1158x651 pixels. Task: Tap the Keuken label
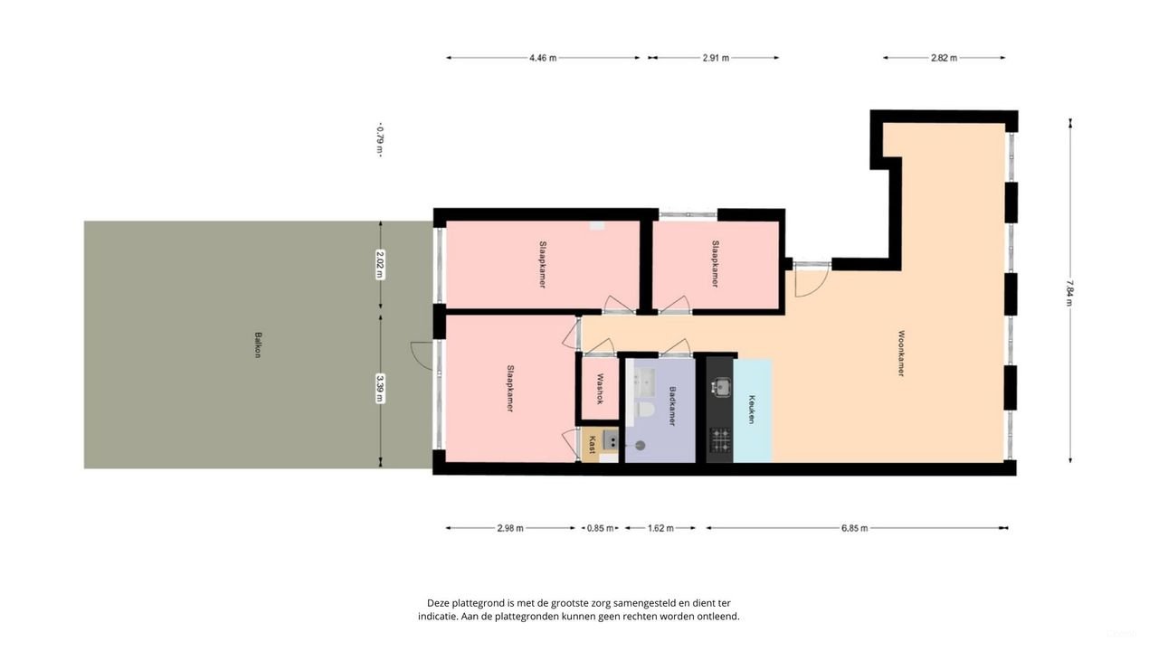coord(752,410)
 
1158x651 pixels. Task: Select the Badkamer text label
coord(671,407)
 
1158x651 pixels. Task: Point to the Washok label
coord(599,389)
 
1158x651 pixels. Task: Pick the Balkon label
coord(258,345)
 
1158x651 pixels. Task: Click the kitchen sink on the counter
coord(720,387)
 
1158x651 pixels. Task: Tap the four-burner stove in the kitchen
coord(720,440)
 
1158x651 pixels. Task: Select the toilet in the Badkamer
coord(646,410)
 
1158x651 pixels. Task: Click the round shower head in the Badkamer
coord(641,445)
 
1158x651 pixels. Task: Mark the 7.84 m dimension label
coord(1070,291)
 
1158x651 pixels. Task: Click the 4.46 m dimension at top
coord(543,58)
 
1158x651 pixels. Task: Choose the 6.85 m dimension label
coord(854,528)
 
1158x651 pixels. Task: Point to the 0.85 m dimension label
coord(600,528)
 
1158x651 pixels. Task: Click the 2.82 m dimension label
coord(944,58)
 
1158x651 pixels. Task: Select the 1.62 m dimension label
coord(660,528)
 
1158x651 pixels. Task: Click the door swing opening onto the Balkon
coord(421,355)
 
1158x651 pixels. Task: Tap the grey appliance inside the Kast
coord(612,441)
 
